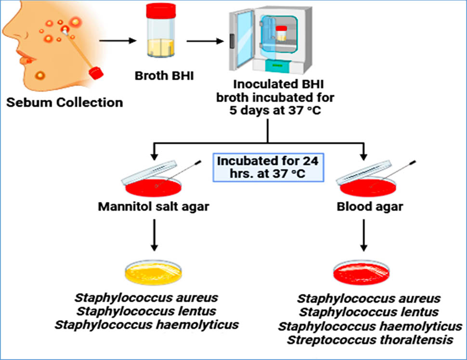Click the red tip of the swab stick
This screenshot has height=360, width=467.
[96, 73]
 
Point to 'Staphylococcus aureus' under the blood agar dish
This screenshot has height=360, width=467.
[369, 298]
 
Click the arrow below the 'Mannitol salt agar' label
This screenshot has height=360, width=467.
[154, 235]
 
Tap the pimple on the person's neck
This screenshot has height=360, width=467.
[39, 76]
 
